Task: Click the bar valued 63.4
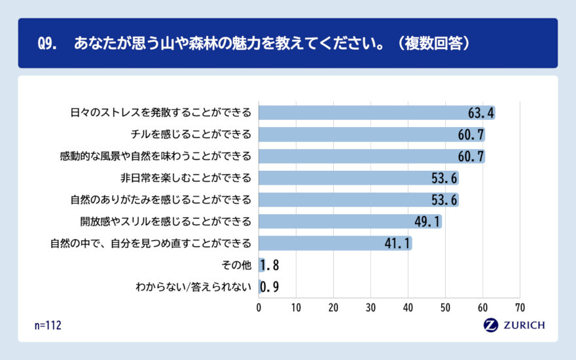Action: tap(376, 113)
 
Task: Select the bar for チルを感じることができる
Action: tap(371, 135)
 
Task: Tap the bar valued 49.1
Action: tap(350, 221)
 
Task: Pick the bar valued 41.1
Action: tap(335, 243)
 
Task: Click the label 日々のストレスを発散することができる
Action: tap(160, 113)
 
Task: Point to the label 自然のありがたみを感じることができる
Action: tap(160, 200)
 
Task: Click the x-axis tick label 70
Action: tap(520, 307)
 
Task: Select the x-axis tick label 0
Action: tap(259, 307)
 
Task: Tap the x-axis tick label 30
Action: tap(371, 307)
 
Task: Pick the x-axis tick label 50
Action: tap(446, 307)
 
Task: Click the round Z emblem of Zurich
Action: tap(490, 325)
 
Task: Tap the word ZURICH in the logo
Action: tap(523, 325)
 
